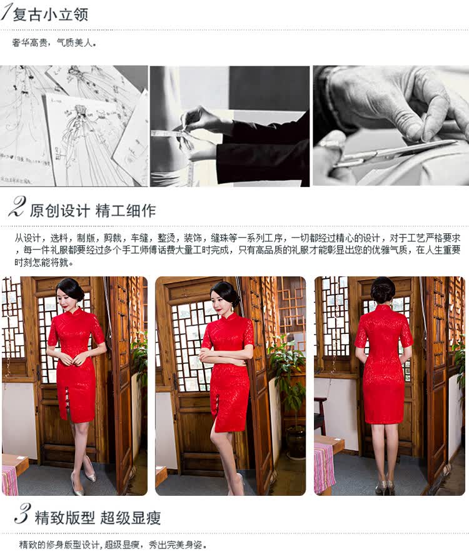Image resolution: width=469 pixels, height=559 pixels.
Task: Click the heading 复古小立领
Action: [50, 15]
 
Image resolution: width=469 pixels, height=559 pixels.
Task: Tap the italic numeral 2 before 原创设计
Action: [17, 207]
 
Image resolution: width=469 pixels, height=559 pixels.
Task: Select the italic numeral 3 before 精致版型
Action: [22, 514]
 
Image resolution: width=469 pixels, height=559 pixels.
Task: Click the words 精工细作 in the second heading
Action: [126, 211]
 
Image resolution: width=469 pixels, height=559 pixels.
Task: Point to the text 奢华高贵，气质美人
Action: [54, 43]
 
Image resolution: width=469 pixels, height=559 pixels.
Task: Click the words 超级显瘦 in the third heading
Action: [131, 517]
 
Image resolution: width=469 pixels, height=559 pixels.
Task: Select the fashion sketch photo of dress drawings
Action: [74, 126]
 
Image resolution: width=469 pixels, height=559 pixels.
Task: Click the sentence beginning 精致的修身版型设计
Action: [113, 545]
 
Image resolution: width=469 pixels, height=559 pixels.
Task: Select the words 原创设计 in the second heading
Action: [59, 211]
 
